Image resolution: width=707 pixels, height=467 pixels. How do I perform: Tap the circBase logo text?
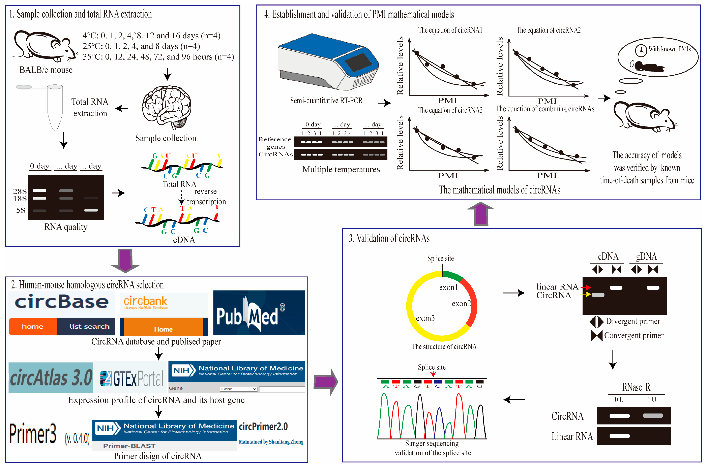pyautogui.click(x=62, y=302)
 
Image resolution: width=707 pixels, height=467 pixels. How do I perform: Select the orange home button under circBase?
pyautogui.click(x=33, y=326)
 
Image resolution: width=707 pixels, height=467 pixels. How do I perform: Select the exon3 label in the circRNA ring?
pyautogui.click(x=425, y=318)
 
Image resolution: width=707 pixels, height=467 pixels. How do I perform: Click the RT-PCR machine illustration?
pyautogui.click(x=327, y=63)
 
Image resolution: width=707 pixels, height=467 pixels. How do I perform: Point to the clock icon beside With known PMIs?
pyautogui.click(x=641, y=50)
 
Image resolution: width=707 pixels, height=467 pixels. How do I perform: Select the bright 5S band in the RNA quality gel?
pyautogui.click(x=91, y=210)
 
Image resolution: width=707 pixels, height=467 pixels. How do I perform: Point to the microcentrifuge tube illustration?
pyautogui.click(x=55, y=107)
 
